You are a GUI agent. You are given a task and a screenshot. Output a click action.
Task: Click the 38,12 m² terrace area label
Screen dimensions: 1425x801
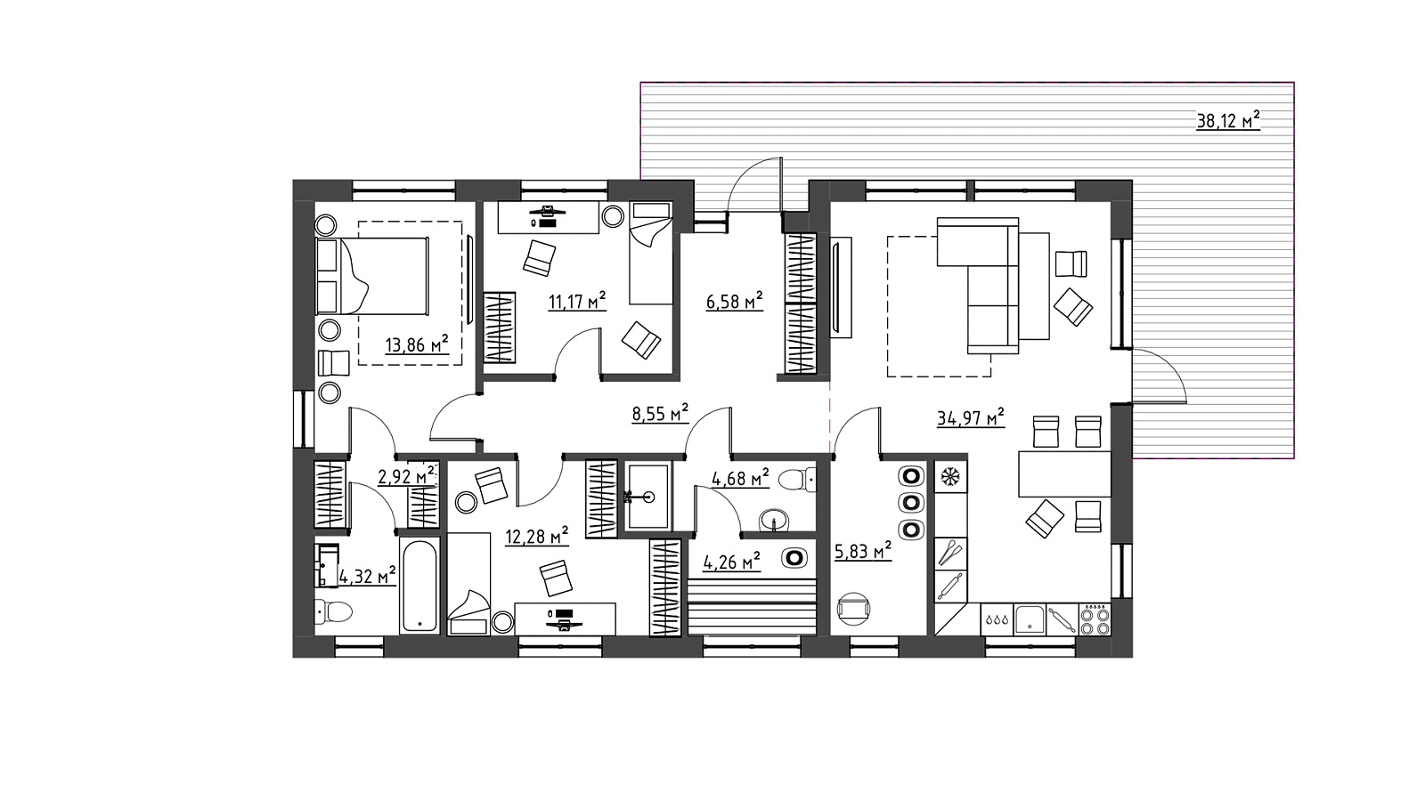[x=1228, y=120]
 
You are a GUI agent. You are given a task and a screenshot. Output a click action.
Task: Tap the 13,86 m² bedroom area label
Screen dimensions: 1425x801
[x=417, y=344]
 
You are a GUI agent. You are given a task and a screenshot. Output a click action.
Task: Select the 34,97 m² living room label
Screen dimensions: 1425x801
[x=970, y=417]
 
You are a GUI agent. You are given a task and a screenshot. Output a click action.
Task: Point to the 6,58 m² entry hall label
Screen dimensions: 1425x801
[x=734, y=301]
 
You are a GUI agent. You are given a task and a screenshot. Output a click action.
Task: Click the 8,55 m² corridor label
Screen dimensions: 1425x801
[x=660, y=414]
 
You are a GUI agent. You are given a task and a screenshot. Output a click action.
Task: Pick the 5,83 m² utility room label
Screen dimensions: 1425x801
[x=863, y=551]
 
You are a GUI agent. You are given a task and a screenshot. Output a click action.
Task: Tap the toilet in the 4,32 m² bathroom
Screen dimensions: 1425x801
[x=333, y=612]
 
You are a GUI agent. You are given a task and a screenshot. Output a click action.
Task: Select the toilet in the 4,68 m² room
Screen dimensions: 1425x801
[x=797, y=480]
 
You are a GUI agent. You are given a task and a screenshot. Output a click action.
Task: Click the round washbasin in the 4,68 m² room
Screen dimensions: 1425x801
[x=774, y=520]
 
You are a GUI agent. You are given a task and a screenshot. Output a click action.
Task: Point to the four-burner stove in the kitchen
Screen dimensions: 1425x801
[x=1095, y=619]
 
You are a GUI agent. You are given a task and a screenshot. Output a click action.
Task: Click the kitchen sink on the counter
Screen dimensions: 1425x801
[x=1030, y=619]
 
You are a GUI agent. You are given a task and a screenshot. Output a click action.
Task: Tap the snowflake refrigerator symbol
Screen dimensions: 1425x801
[x=950, y=476]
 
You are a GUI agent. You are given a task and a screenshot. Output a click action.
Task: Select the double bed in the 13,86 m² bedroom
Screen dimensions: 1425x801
[x=372, y=276]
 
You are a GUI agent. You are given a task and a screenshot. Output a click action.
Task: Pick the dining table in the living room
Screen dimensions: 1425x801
[x=1065, y=473]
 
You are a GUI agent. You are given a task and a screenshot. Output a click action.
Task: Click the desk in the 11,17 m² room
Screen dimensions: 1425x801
[x=548, y=217]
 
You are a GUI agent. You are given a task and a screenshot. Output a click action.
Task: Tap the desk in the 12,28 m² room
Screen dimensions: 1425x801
[x=565, y=619]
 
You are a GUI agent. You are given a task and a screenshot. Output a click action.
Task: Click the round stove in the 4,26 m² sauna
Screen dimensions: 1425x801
[x=794, y=558]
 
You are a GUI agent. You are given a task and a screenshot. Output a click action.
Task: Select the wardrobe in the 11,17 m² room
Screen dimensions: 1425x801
[x=500, y=328]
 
